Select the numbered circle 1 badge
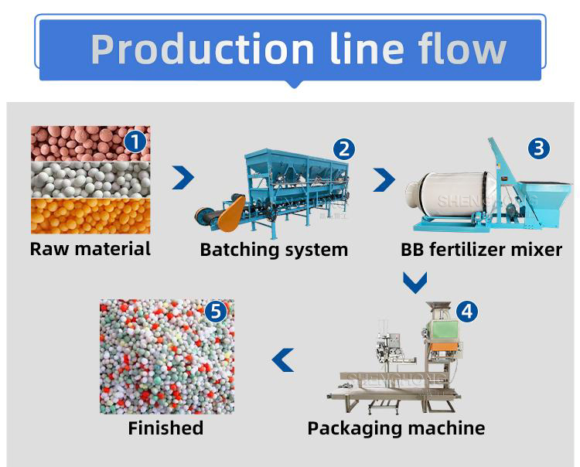[x=135, y=141]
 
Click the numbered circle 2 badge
[x=344, y=148]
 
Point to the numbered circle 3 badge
[x=539, y=148]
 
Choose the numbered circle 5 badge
[x=216, y=312]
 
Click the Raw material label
[x=90, y=249]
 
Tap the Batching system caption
[x=274, y=250]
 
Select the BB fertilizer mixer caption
[x=481, y=250]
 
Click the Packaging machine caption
[x=396, y=428]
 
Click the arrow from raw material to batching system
[x=183, y=178]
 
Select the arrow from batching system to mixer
[x=384, y=179]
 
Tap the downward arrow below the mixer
[x=415, y=282]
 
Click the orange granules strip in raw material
[x=90, y=216]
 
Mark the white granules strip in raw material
[x=90, y=179]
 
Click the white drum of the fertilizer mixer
[x=445, y=196]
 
